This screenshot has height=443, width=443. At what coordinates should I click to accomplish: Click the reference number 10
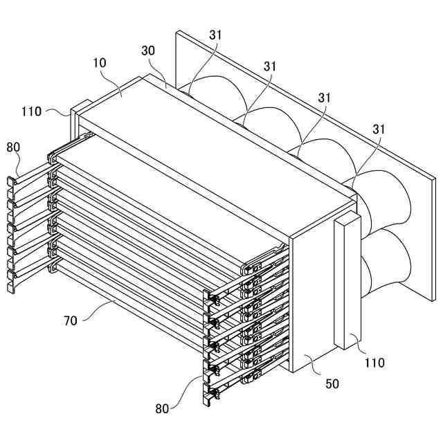99,63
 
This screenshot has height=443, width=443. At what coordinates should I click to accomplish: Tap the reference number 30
149,51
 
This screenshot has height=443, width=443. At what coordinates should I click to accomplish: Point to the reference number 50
332,383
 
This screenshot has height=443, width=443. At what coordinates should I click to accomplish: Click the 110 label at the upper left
32,111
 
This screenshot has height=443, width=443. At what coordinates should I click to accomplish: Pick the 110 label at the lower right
374,362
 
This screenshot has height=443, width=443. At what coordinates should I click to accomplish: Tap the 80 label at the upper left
14,147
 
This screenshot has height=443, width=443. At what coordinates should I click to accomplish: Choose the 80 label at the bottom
162,408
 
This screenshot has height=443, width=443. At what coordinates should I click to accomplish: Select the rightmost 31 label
378,129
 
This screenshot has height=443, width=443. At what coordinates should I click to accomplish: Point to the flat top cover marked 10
208,145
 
